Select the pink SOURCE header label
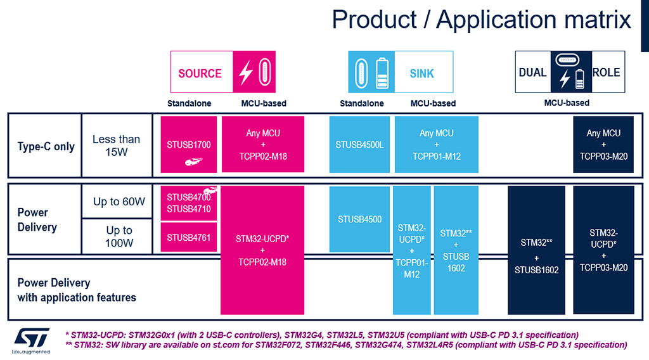click(x=200, y=74)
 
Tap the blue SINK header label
click(x=421, y=74)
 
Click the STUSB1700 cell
click(x=189, y=145)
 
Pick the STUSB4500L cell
click(x=359, y=145)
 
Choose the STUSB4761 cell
click(x=189, y=238)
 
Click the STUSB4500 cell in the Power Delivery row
click(x=359, y=219)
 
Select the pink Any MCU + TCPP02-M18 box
click(x=262, y=145)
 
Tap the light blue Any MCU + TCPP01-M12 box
click(x=436, y=145)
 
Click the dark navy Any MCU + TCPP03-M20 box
click(x=603, y=145)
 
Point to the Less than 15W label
click(x=116, y=145)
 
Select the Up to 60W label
click(x=119, y=202)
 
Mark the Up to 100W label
click(x=119, y=236)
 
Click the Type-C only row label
click(x=46, y=146)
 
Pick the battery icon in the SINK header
click(x=382, y=72)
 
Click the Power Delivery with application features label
click(x=76, y=290)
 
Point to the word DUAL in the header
click(x=532, y=72)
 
